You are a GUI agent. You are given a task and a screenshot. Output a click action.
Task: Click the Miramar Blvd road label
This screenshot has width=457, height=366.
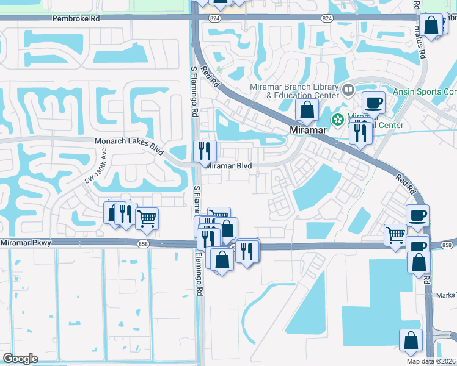229,165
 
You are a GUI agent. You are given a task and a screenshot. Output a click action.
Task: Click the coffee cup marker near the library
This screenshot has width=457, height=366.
373,102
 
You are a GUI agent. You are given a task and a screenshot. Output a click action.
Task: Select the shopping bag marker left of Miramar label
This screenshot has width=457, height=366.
307,110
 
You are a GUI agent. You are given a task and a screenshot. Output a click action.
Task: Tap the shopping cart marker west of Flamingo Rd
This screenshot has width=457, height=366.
147,218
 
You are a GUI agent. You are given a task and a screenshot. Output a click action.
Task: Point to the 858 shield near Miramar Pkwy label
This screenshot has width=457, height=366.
142,243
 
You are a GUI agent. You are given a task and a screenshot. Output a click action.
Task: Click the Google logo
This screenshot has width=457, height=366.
20,359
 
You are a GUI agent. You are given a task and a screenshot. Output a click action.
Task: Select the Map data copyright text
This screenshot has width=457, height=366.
431,361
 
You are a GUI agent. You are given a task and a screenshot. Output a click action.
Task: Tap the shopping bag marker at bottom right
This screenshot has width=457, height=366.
411,340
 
